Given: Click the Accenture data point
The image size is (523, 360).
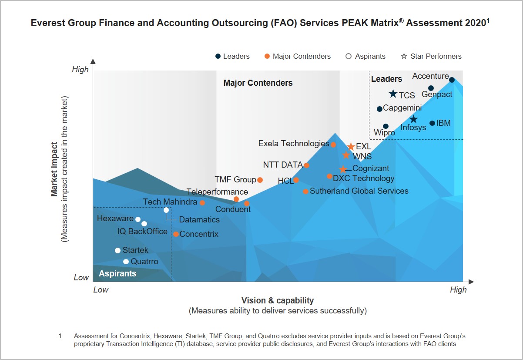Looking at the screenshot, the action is [452, 80].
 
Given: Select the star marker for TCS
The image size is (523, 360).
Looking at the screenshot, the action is [393, 94].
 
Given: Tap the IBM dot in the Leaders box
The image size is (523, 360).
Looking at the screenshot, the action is [432, 123].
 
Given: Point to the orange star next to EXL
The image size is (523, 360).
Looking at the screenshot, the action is [351, 147].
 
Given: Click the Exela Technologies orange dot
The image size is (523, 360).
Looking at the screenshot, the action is [333, 145].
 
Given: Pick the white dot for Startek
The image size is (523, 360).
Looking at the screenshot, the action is [117, 250].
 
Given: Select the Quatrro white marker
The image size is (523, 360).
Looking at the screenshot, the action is [126, 262].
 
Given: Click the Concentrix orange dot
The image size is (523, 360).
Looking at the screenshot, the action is [176, 234].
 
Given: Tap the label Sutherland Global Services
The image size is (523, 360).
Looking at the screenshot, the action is [359, 191].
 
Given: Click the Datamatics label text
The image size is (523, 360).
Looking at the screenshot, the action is [199, 219].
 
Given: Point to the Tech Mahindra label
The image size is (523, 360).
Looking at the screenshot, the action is [170, 202].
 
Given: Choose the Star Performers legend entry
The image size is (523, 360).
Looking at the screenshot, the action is [431, 56].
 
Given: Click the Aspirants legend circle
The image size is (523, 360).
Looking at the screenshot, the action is [349, 56].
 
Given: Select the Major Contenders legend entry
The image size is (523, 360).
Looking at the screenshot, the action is [298, 56].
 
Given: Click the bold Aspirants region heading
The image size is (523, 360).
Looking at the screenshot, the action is [117, 273].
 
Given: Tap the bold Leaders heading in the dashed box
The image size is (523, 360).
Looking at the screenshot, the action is [386, 79].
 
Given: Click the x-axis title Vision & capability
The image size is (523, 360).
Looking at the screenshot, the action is [278, 300].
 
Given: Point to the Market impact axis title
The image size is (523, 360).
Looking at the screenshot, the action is [54, 169].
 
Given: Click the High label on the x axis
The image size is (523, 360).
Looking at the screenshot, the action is [458, 289].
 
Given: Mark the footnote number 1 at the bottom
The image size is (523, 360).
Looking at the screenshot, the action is [60, 336].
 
